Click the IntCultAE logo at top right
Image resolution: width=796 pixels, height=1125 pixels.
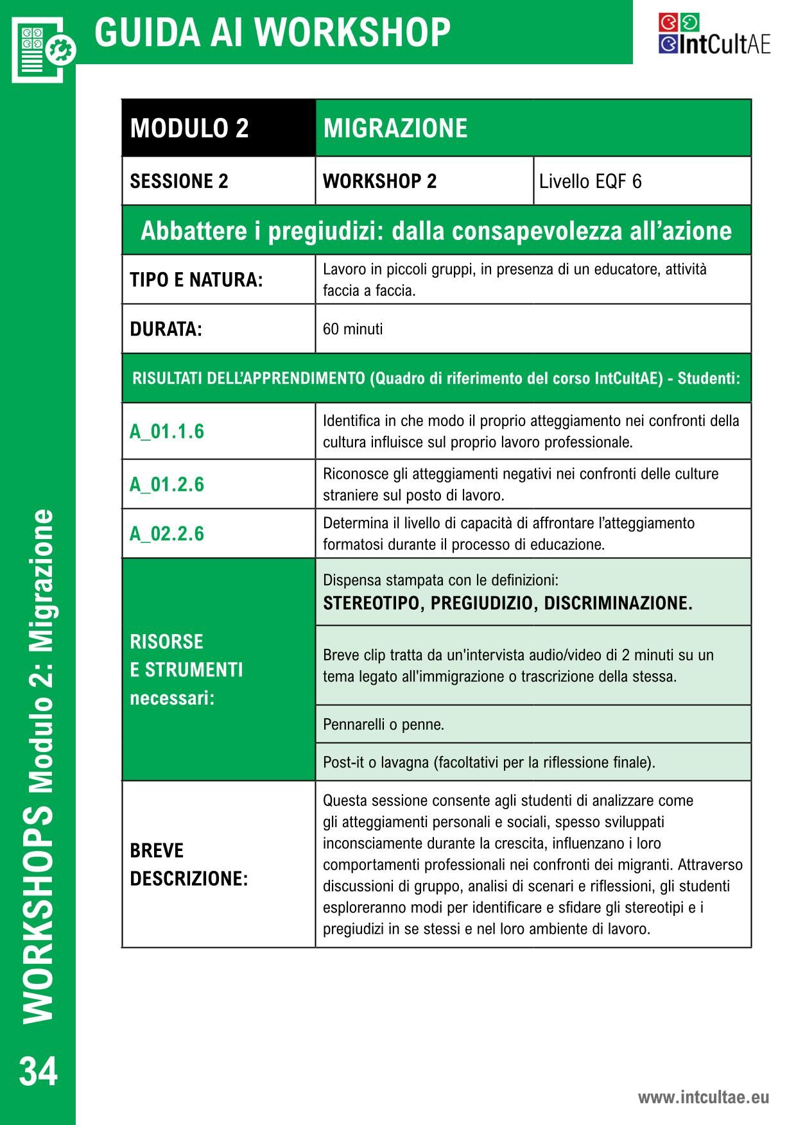[714, 35]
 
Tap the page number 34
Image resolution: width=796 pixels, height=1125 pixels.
[39, 1071]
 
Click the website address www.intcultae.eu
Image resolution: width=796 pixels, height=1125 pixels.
[703, 1097]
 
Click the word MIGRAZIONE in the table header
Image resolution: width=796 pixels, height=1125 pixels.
[395, 128]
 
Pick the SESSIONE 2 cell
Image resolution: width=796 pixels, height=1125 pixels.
[179, 182]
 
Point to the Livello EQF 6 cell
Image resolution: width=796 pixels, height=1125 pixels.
[590, 182]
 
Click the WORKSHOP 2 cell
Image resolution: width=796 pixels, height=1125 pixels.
[379, 182]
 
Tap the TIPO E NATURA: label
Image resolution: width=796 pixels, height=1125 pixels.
[196, 280]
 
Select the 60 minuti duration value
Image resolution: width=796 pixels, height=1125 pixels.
[352, 329]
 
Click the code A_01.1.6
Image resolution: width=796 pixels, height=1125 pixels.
[167, 431]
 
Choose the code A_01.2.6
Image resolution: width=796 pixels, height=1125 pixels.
[167, 484]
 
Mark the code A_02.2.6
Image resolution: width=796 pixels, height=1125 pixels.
[167, 533]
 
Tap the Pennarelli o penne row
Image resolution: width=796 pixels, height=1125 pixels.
[383, 725]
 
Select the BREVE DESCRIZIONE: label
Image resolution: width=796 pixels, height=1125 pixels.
[189, 864]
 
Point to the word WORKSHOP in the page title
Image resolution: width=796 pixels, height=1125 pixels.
[356, 32]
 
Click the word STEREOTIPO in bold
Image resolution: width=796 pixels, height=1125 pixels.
[374, 603]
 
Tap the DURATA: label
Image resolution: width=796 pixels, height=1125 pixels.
[166, 329]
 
